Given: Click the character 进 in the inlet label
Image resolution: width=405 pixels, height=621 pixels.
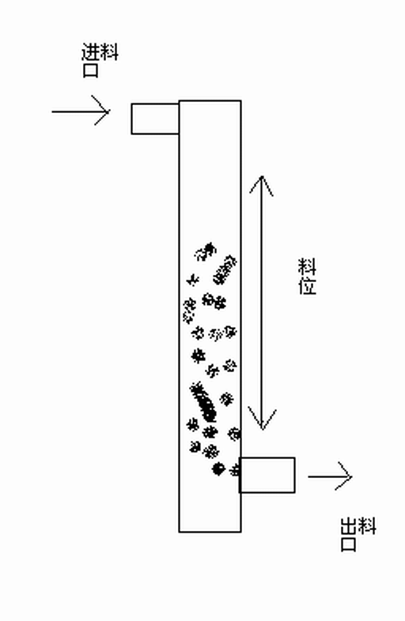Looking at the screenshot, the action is [x=90, y=52].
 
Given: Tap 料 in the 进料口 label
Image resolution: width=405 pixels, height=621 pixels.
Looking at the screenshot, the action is [x=109, y=52].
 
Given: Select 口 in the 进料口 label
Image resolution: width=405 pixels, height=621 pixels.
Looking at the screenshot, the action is [x=90, y=70].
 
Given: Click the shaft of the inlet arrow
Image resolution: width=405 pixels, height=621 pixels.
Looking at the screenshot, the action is [x=80, y=111].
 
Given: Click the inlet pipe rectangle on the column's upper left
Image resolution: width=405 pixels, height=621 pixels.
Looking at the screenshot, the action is [x=155, y=119].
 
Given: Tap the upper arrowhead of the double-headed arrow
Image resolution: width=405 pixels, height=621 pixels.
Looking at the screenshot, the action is [x=261, y=185].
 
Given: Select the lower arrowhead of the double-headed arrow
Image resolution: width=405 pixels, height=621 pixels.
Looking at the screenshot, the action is [x=262, y=418].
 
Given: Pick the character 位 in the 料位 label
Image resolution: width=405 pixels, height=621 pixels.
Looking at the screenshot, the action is [x=307, y=285].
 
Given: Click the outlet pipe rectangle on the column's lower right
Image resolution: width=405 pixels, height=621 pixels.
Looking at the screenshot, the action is [x=267, y=476].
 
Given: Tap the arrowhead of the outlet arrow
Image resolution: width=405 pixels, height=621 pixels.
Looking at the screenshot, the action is [x=343, y=476].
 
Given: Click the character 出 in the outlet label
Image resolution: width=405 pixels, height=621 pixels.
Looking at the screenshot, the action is [x=349, y=526].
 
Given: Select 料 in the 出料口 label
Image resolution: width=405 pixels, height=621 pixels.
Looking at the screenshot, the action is [x=367, y=526].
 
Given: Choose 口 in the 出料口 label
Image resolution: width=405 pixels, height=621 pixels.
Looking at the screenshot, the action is [x=349, y=544].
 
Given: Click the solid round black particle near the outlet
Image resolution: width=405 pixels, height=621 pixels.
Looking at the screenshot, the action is [x=218, y=469].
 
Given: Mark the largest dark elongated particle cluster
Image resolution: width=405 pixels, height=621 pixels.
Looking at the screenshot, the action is [x=203, y=402].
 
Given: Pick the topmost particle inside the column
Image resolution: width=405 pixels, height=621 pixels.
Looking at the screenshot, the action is [x=206, y=251].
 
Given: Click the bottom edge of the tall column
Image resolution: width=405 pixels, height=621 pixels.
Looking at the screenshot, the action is [x=210, y=532].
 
